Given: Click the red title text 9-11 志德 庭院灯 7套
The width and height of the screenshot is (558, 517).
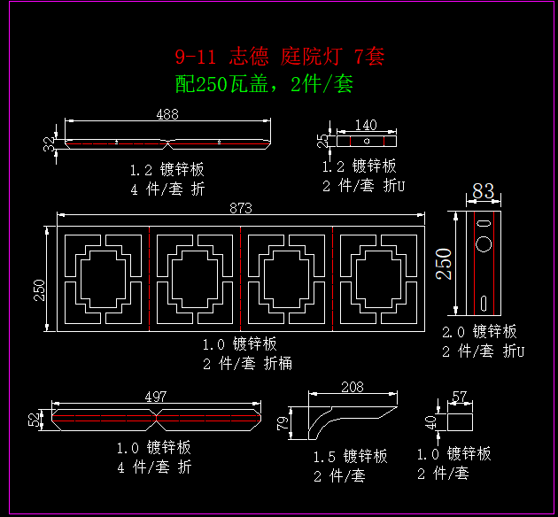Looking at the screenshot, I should point(279,58).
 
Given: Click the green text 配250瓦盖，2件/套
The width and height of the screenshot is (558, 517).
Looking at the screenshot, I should point(265,84).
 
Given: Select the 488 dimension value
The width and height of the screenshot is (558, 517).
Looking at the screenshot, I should point(167,114).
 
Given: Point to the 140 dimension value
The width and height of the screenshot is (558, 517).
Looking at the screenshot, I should point(365,126).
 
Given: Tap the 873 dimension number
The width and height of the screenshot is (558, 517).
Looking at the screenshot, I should point(241,208).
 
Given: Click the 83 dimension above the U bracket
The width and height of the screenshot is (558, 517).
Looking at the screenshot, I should point(483,191).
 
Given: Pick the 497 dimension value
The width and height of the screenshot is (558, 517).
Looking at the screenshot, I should point(155,397).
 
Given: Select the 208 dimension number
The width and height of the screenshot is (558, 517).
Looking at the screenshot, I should point(351,387).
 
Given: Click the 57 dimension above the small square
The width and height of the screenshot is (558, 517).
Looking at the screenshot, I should point(460,397).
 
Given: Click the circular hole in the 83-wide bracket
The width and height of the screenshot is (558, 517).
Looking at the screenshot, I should point(484,243).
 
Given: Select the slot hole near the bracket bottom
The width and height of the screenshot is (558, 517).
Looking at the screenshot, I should point(484,301).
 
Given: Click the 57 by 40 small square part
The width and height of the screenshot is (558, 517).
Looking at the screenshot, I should point(460,418).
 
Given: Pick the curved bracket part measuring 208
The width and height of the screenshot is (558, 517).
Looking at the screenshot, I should point(350,416).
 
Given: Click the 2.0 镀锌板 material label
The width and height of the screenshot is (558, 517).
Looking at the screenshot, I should point(479,332).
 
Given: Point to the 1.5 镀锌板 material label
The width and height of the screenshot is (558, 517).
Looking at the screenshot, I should point(351,457).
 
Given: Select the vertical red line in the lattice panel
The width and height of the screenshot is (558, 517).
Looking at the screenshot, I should point(149,278).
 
